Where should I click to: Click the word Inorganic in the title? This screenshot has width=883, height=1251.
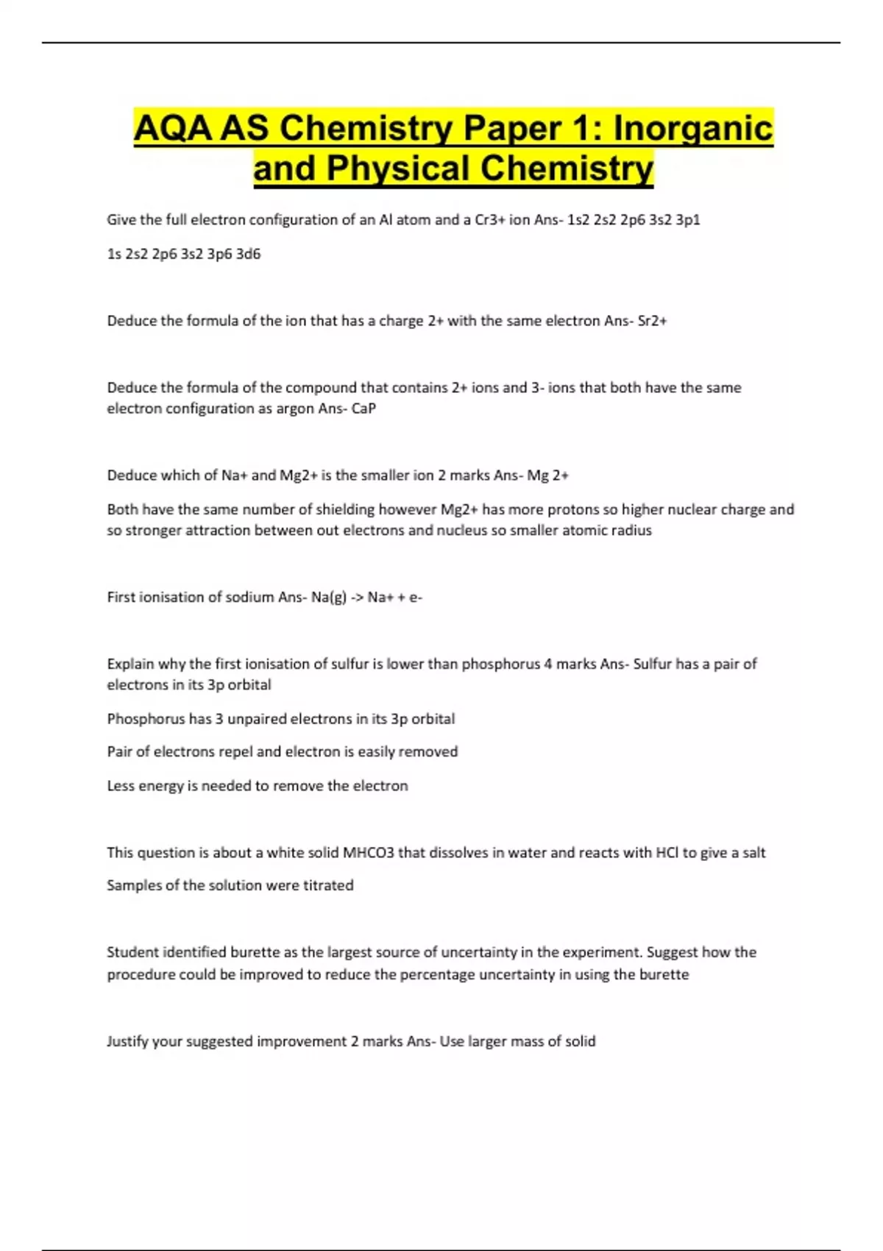(x=693, y=128)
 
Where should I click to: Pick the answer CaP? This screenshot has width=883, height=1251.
(x=364, y=408)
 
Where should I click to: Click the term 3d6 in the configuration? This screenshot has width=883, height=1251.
(x=248, y=254)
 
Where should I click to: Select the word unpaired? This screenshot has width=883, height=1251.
(x=260, y=719)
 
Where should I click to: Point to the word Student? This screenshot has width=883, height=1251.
(x=132, y=952)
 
